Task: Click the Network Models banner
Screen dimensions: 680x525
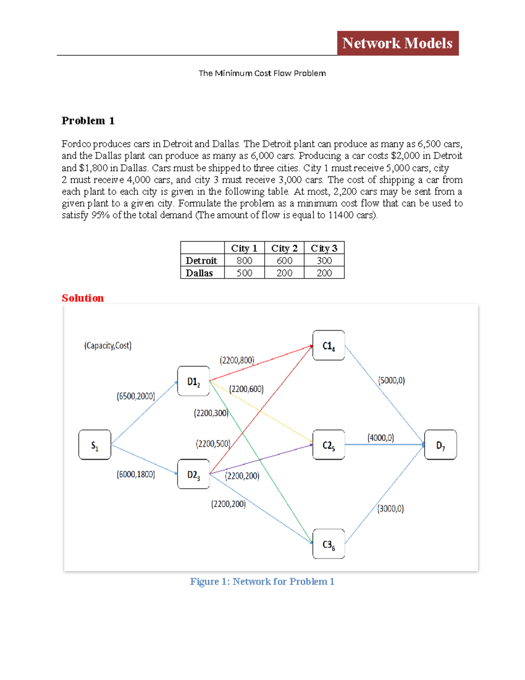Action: tap(397, 43)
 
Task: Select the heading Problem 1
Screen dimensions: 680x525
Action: tap(88, 120)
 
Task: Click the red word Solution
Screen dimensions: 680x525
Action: tap(83, 298)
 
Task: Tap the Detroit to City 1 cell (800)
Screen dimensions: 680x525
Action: tap(244, 261)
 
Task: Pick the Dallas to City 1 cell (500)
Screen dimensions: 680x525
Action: tap(244, 273)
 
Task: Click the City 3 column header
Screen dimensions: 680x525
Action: tap(324, 248)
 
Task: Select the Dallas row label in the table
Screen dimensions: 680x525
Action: tap(199, 273)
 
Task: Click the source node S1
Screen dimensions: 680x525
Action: tap(95, 445)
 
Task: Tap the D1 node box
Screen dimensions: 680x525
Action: tap(193, 381)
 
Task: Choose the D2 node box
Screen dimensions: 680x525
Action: tap(193, 474)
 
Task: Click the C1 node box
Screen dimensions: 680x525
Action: tap(329, 345)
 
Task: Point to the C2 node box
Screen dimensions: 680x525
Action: tap(329, 445)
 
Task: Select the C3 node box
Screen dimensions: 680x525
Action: tap(329, 544)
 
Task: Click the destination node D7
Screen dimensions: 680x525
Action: tap(441, 445)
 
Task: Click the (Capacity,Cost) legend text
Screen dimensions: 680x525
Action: tap(108, 345)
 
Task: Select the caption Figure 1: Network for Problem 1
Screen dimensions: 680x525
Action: tap(262, 581)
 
